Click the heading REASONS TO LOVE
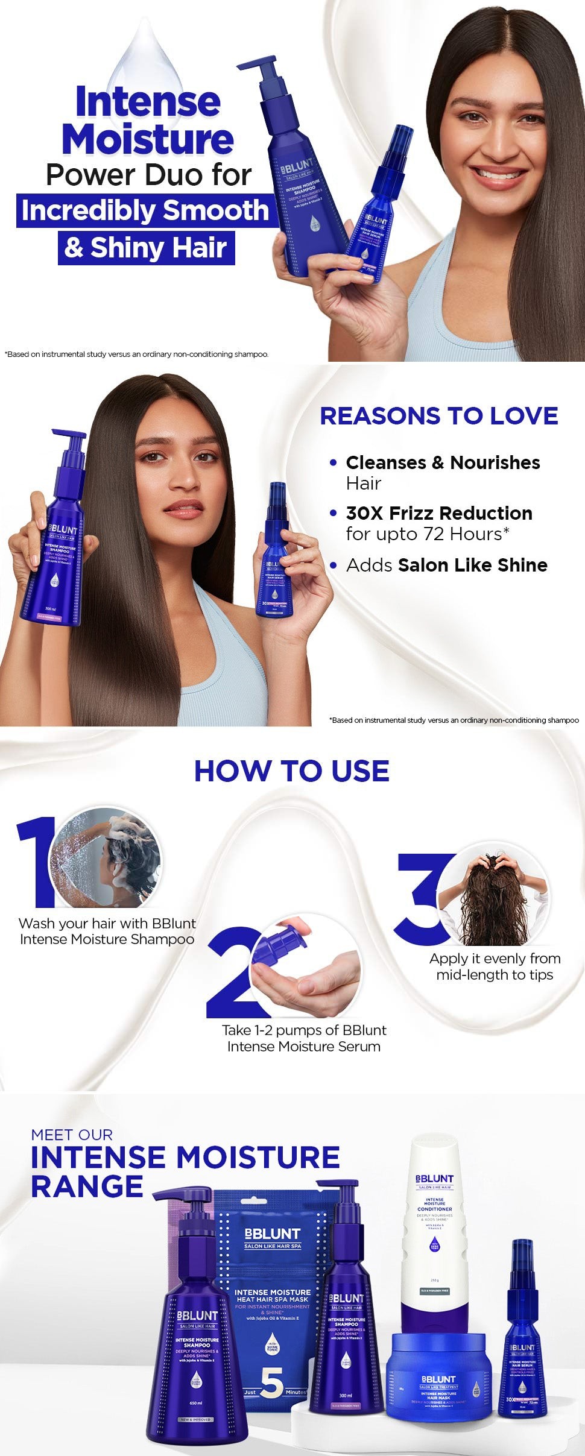coord(438,416)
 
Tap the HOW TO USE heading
coord(291,771)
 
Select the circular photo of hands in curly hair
coord(492,898)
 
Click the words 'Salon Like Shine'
coord(472,565)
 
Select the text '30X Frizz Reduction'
coord(439,513)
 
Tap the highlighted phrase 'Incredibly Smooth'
coord(145,210)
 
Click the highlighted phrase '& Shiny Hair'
coord(146,247)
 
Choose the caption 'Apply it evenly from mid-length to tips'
coord(495,966)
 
